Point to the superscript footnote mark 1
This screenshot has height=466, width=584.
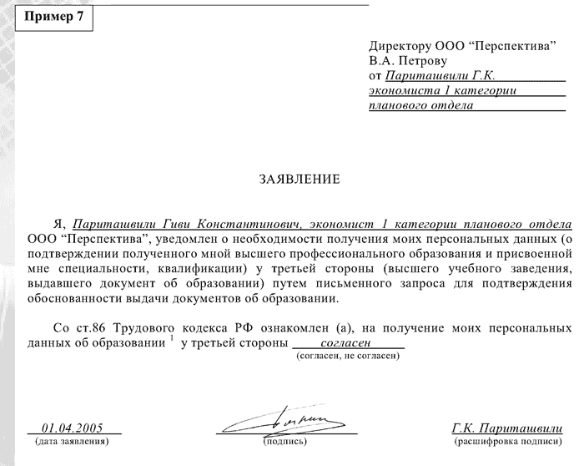(172, 337)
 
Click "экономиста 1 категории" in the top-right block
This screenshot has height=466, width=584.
(441, 90)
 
